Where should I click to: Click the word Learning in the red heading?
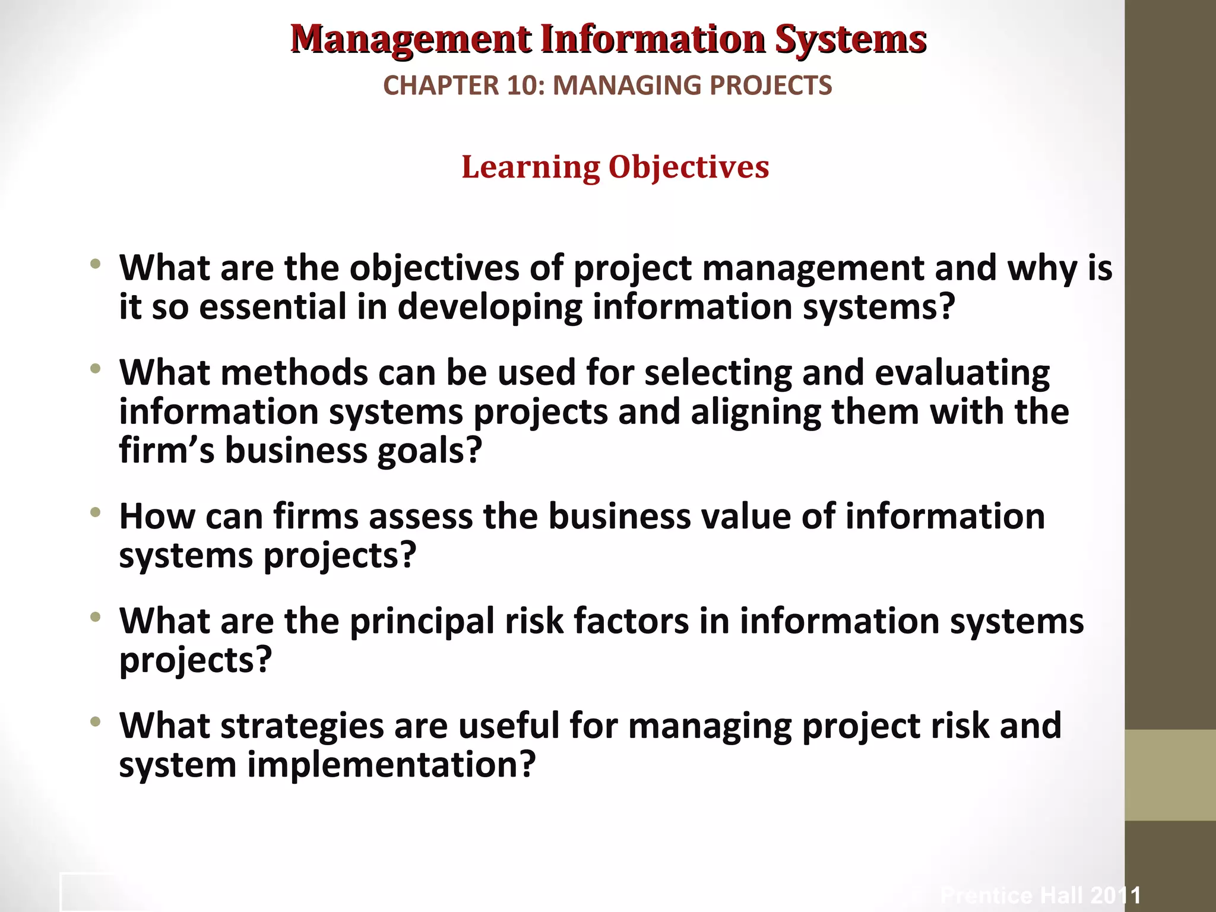tap(530, 167)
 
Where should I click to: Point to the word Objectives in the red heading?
tap(689, 167)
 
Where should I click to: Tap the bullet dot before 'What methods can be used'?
tap(96, 369)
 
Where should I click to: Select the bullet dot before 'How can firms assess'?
tap(96, 512)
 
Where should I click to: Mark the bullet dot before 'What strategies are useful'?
tap(96, 722)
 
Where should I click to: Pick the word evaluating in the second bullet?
tap(962, 373)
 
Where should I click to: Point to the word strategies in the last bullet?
tap(302, 726)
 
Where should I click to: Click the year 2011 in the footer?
tap(1116, 895)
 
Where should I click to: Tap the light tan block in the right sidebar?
tap(1170, 775)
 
